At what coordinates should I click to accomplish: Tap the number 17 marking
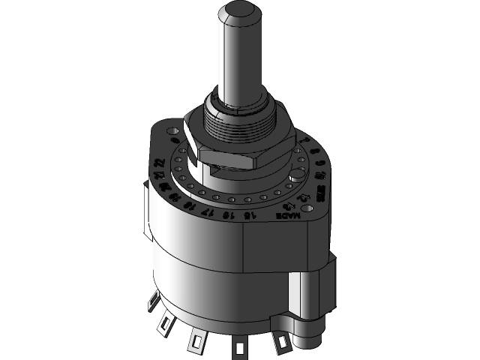tap(208, 211)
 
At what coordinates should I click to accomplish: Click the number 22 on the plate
tap(158, 163)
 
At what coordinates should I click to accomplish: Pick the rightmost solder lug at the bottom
tap(282, 342)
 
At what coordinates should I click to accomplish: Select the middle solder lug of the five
tap(196, 339)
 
